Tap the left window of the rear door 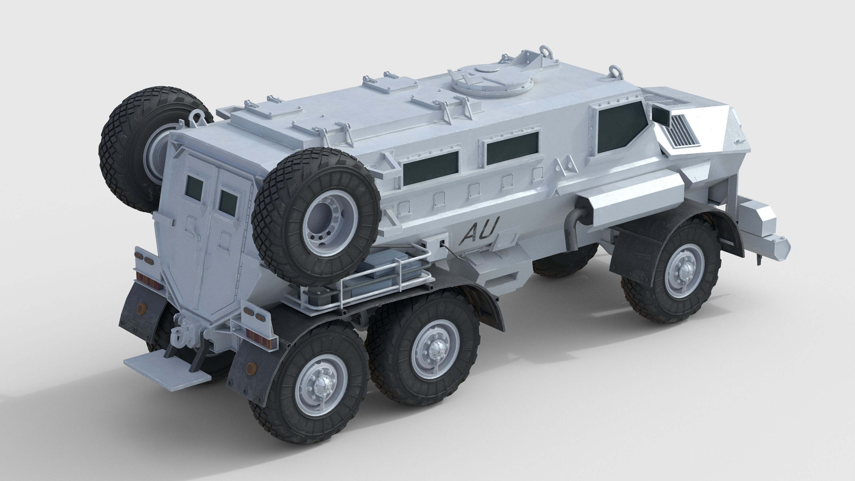(195, 187)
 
